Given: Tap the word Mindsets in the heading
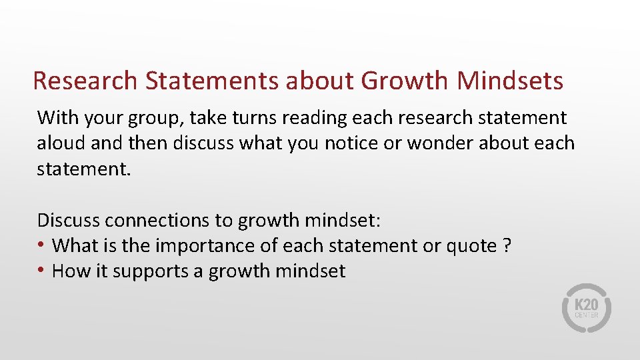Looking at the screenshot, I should [511, 81].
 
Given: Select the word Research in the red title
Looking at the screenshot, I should [85, 81].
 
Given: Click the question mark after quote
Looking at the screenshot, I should [507, 245].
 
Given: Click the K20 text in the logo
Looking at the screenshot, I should [587, 304].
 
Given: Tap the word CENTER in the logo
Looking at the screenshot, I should [587, 315].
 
